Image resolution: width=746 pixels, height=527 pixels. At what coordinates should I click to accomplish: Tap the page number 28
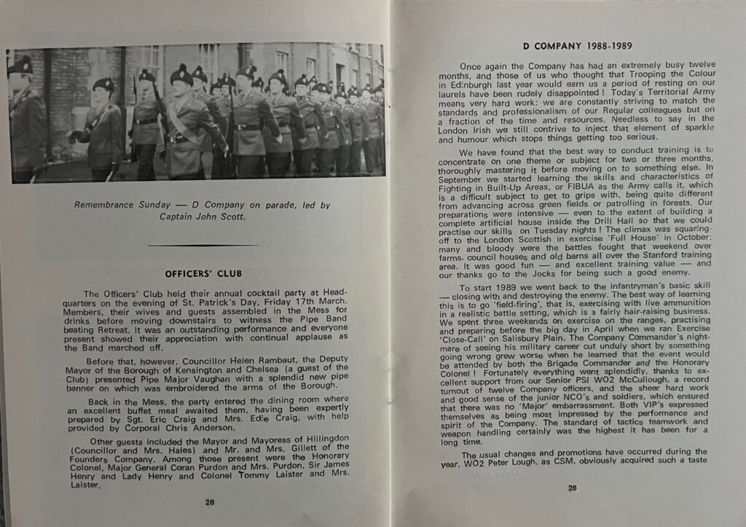pyautogui.click(x=209, y=501)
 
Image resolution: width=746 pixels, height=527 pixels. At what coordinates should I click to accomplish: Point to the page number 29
pyautogui.click(x=572, y=488)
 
